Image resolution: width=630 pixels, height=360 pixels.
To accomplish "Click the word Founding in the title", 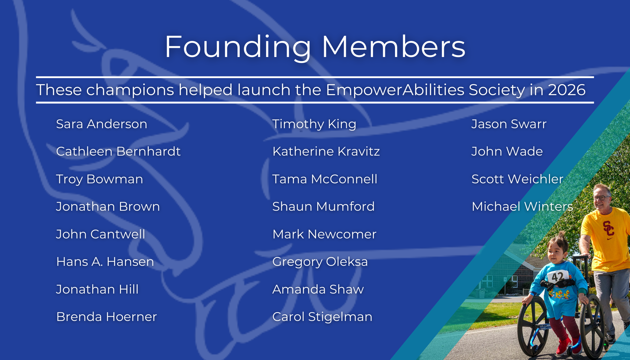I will [238, 47].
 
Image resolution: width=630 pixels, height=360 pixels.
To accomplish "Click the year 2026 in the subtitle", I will [567, 90].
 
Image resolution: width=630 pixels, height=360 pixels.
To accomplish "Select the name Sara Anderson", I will [101, 124].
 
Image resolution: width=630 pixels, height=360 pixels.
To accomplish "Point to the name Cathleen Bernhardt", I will [118, 151].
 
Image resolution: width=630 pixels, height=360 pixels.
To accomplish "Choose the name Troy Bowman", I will [100, 179].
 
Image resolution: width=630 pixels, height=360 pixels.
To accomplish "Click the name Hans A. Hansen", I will [105, 262].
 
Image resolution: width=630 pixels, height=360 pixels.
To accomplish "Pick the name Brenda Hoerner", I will [106, 317].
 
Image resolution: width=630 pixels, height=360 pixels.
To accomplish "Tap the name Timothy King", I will [314, 124].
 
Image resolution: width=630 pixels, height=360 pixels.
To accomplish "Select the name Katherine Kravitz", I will [326, 151].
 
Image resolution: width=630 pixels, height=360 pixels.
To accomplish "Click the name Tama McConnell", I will [324, 179].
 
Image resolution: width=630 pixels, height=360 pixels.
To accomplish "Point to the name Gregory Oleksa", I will [320, 262].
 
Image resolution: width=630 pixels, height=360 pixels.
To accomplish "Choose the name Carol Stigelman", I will [322, 317].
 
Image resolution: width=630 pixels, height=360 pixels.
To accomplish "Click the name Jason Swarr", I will [509, 124].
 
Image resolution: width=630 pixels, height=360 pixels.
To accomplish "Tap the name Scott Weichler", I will [517, 179].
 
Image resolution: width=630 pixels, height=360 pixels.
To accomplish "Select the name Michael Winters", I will [522, 207].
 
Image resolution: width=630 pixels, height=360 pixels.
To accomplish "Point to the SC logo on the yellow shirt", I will [608, 228].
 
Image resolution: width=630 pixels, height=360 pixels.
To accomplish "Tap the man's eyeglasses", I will [601, 198].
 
